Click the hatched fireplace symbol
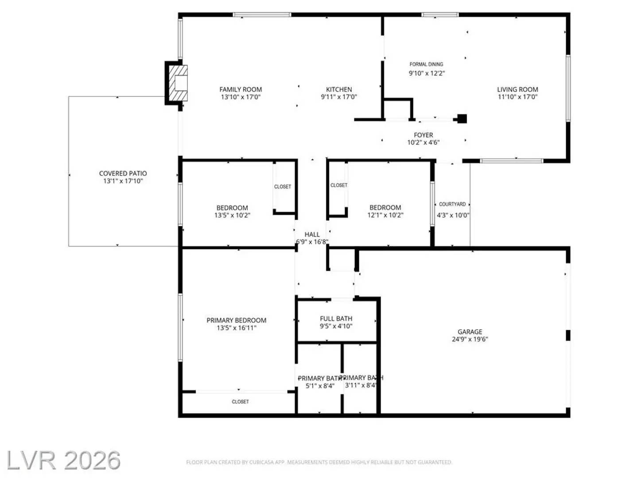coord(179,83)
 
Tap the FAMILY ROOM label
coord(241,89)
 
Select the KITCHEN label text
coord(339,89)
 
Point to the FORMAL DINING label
coord(426,64)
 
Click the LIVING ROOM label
coord(517,89)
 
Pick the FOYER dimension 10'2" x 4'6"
coord(424,143)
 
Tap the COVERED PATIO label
coord(123,173)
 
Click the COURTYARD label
coord(452,204)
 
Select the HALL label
coord(312,235)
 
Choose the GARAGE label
coord(470,332)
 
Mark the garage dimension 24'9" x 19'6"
coord(470,339)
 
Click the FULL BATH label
coord(336,319)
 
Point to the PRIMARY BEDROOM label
coord(237,320)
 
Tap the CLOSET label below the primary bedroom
coord(240,402)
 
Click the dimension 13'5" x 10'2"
coord(232,216)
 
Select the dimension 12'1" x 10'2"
coord(385,215)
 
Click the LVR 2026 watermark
coord(63,461)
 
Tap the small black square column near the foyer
coord(462,119)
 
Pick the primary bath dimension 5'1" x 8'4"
coord(320,386)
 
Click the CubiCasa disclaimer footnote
coord(319,462)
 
